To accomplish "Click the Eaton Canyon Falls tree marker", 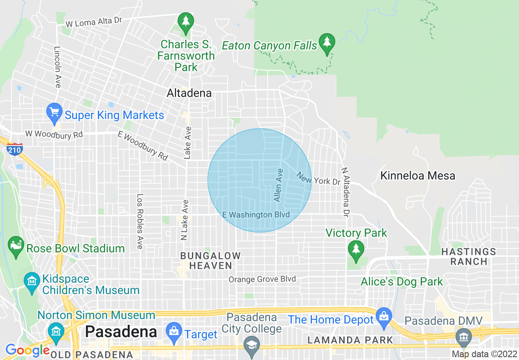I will [327, 43].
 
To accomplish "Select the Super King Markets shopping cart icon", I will [54, 112].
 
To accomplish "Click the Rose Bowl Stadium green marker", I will [16, 245].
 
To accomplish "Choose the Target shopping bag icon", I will [174, 332].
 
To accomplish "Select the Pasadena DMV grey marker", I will [464, 337].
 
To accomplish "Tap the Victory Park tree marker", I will [356, 250].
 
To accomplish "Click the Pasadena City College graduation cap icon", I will [252, 345].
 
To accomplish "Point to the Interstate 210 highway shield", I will [14, 150].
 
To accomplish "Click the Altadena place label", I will [189, 93].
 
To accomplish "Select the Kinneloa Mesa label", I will [417, 176].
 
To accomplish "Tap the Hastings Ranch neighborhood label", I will [469, 256].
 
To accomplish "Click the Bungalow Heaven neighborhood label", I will [211, 261].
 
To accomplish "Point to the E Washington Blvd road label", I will [256, 215].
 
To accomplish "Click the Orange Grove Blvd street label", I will [262, 279].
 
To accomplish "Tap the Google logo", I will [27, 351].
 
